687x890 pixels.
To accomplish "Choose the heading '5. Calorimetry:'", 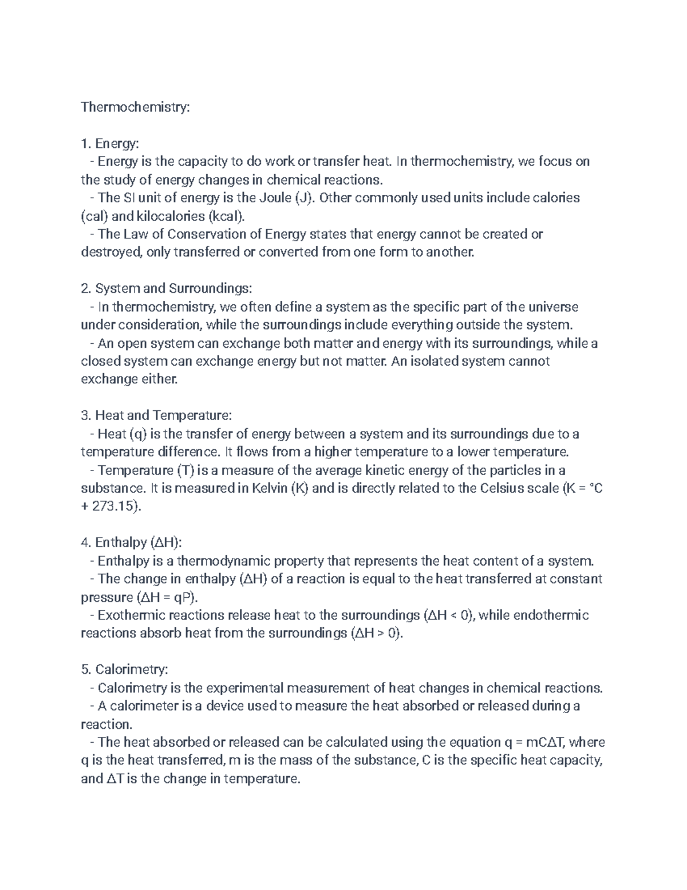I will click(125, 669).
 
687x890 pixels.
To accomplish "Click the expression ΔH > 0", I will click(376, 634).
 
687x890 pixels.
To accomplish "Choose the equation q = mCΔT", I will click(534, 743).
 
